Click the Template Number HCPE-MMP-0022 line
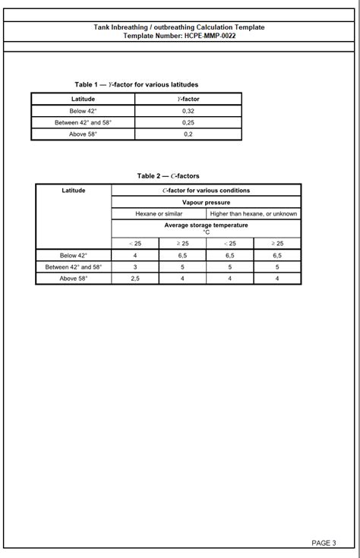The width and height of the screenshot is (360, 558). pyautogui.click(x=179, y=36)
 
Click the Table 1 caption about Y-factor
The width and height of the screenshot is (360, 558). pyautogui.click(x=136, y=84)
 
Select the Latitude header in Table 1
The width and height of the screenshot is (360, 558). pyautogui.click(x=83, y=99)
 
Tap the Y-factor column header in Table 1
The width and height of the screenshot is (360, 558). pyautogui.click(x=188, y=99)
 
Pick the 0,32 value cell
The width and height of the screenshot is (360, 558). pyautogui.click(x=188, y=111)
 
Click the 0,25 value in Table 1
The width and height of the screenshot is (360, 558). pyautogui.click(x=188, y=122)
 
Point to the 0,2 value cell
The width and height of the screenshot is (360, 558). pyautogui.click(x=188, y=134)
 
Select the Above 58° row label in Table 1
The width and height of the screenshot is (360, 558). pyautogui.click(x=83, y=134)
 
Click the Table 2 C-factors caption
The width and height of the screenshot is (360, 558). pyautogui.click(x=168, y=176)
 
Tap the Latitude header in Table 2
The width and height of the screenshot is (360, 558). pyautogui.click(x=73, y=191)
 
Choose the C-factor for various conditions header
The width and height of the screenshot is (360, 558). pyautogui.click(x=206, y=191)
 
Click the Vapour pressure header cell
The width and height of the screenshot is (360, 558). pyautogui.click(x=206, y=203)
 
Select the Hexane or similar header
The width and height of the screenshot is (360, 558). pyautogui.click(x=159, y=214)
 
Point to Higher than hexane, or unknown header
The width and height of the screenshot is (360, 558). pyautogui.click(x=253, y=214)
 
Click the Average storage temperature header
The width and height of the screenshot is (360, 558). pyautogui.click(x=206, y=228)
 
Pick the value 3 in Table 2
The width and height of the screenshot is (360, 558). pyautogui.click(x=135, y=267)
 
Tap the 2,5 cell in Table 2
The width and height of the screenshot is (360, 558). pyautogui.click(x=135, y=279)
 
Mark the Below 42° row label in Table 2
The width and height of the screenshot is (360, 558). pyautogui.click(x=73, y=256)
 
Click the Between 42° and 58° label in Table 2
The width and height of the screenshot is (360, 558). pyautogui.click(x=73, y=267)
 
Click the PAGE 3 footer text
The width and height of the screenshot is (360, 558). pyautogui.click(x=323, y=543)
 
